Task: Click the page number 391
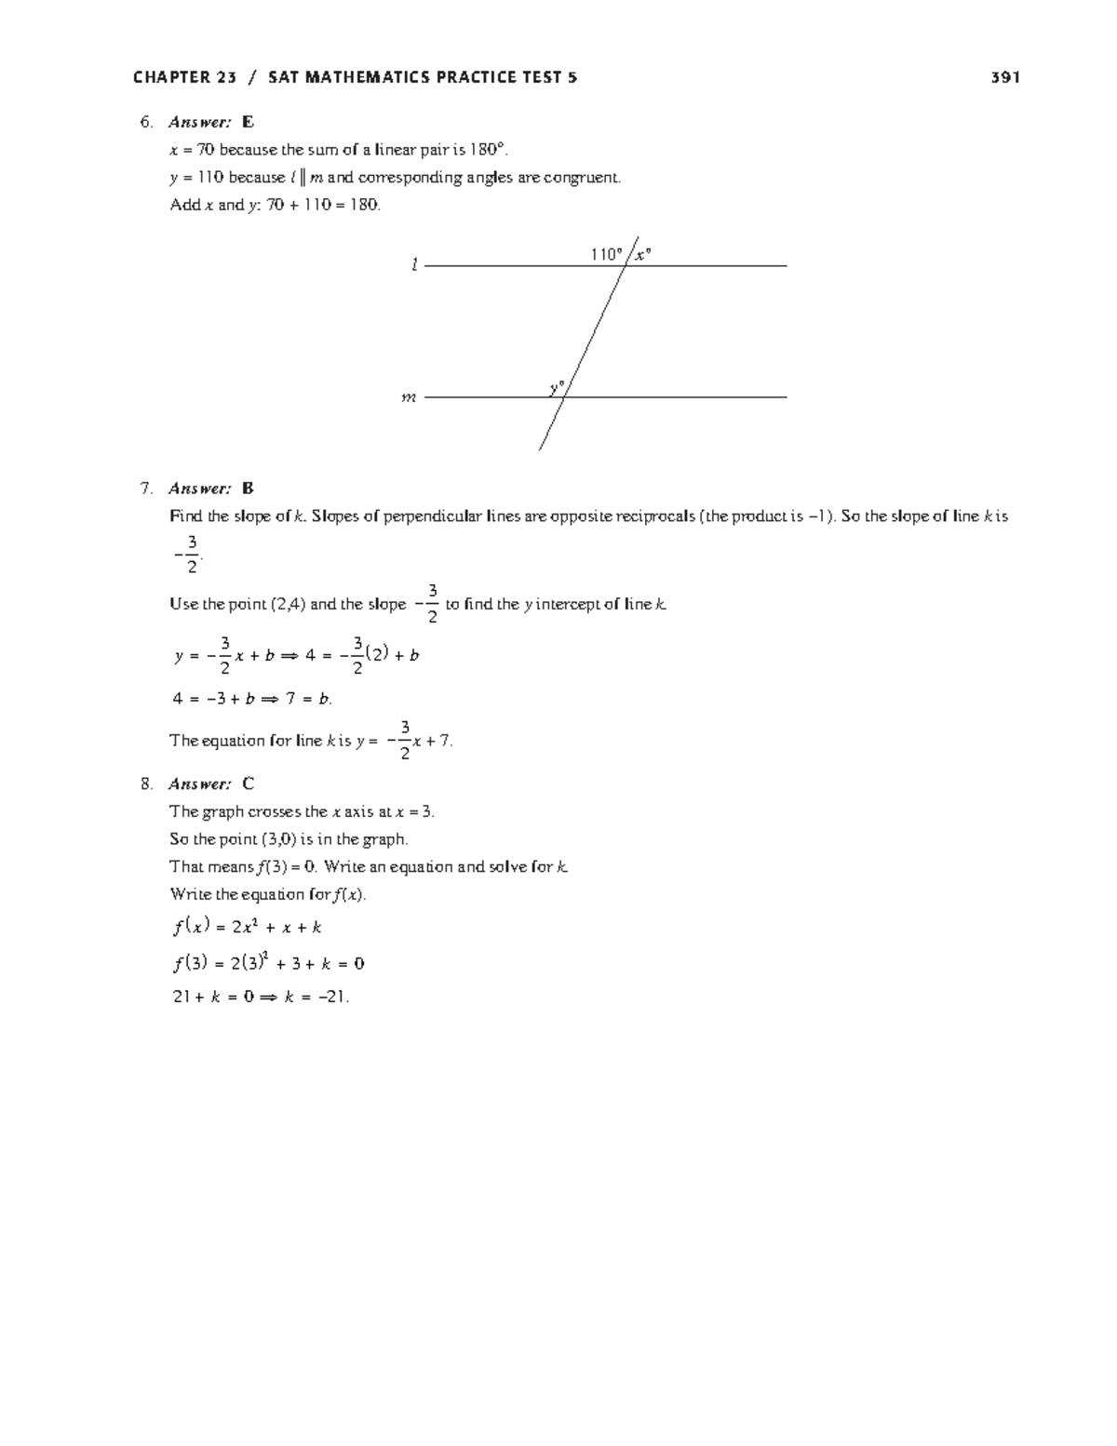pos(1005,78)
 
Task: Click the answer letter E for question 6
pos(248,122)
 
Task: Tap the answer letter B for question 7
pos(248,489)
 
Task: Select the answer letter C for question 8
pos(248,783)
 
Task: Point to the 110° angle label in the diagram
pos(606,254)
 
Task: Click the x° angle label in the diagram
pos(642,254)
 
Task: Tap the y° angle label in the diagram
pos(557,386)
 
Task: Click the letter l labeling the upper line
pos(414,266)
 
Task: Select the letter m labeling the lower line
pos(408,397)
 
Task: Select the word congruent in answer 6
pos(582,177)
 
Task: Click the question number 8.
pos(145,783)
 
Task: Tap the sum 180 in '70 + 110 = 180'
pos(366,205)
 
